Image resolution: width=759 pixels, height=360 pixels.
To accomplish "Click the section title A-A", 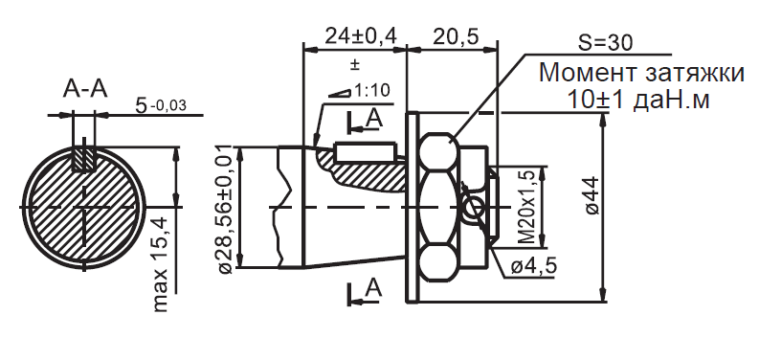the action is [x=85, y=89].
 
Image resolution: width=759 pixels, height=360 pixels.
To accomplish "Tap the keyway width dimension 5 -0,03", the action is [x=161, y=105].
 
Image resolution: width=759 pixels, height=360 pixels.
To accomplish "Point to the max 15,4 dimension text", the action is [x=161, y=264].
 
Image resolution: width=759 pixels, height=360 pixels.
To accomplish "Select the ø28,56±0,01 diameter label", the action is [x=226, y=209].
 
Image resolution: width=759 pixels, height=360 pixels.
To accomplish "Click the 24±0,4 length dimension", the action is [x=361, y=35].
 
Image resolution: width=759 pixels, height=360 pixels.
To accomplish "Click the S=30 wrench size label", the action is [x=605, y=43].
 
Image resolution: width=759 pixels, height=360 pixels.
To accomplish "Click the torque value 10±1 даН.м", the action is [x=638, y=100].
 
